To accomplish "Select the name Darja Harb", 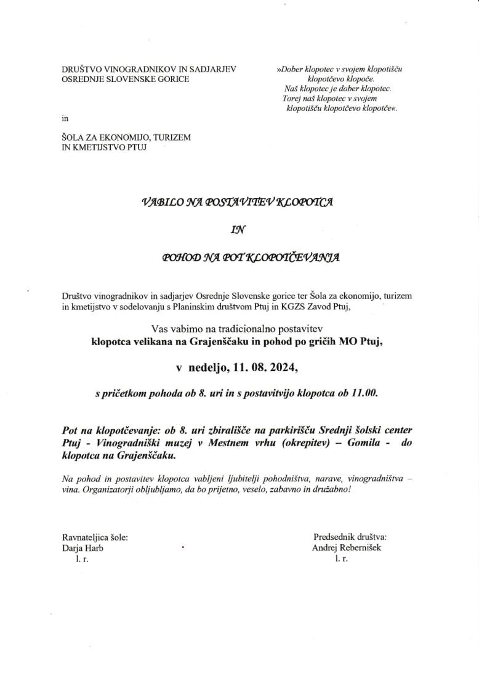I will click(x=83, y=547).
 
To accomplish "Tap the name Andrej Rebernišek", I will click(x=347, y=547).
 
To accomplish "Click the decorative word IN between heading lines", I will click(x=238, y=230).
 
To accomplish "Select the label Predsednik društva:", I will click(x=350, y=537).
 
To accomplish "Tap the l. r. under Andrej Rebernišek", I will click(x=341, y=558).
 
